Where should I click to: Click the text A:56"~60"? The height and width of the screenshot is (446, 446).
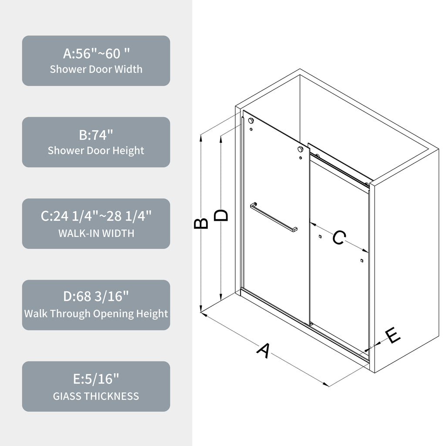(96, 53)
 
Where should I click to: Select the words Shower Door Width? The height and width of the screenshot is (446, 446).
(96, 69)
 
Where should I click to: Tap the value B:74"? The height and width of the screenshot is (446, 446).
(96, 135)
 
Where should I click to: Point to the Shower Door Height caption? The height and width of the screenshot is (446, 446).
(96, 151)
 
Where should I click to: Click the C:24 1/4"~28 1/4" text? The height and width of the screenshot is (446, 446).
(96, 216)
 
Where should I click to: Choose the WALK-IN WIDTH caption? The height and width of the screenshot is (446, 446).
(96, 233)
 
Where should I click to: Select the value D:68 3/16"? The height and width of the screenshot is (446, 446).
(96, 296)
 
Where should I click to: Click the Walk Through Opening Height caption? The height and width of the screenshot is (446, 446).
(96, 314)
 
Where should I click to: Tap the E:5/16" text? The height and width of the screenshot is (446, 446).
(96, 379)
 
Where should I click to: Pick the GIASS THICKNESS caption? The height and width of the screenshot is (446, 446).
(96, 396)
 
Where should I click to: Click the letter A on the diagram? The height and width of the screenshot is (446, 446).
(264, 351)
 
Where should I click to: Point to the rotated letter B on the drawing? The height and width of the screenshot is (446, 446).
(201, 223)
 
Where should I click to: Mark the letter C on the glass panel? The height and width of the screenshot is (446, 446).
(339, 237)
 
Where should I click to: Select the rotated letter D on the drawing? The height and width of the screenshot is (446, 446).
(221, 215)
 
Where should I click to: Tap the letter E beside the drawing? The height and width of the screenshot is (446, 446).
(393, 336)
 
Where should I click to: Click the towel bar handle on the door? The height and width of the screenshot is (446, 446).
(274, 217)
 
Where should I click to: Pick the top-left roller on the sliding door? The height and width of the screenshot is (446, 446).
(251, 121)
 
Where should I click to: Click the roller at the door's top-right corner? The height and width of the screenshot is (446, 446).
(301, 149)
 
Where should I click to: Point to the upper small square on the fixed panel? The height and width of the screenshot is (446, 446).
(320, 237)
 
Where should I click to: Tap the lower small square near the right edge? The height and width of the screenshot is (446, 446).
(362, 260)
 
